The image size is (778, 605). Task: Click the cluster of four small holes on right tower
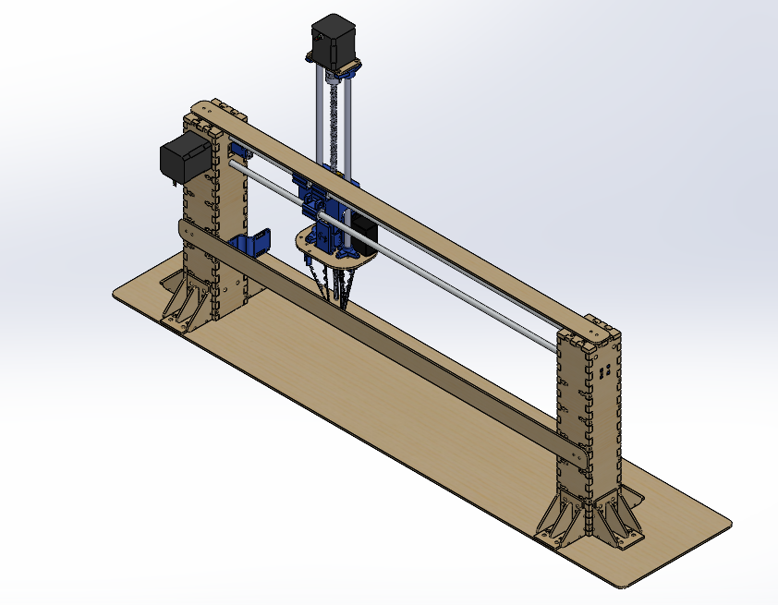603,371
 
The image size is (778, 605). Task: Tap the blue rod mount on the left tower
241,151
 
